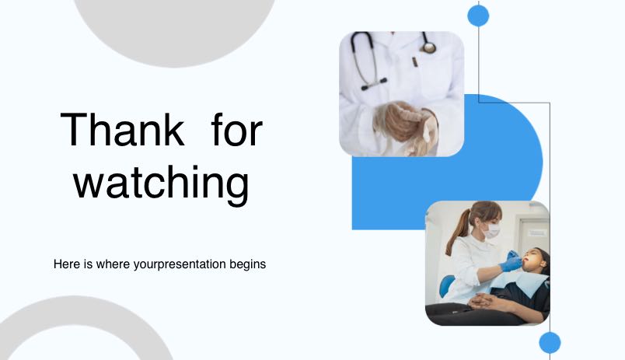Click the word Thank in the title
(122, 130)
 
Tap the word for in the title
(237, 129)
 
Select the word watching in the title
(162, 183)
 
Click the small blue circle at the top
(478, 16)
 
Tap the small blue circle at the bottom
(550, 342)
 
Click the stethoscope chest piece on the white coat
(429, 48)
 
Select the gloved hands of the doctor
(404, 124)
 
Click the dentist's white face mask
(491, 230)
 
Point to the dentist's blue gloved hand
(511, 262)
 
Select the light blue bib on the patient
(520, 283)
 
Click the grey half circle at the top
(174, 28)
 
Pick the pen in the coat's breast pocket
(414, 61)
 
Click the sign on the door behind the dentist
(536, 232)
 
